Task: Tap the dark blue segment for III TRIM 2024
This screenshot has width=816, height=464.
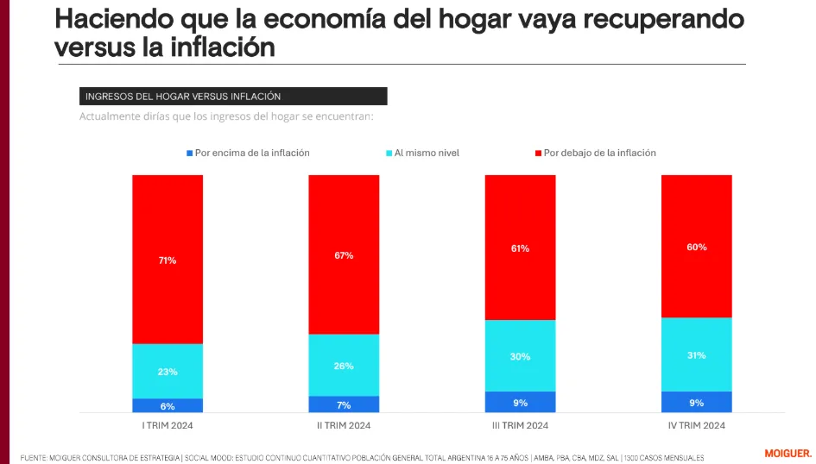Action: pos(520,403)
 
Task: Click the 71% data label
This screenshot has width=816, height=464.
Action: pos(168,260)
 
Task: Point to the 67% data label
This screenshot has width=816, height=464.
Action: pos(344,255)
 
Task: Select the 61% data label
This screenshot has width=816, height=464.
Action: pos(520,248)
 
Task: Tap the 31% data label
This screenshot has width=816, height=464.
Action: pos(696,355)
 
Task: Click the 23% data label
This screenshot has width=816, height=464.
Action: pos(168,372)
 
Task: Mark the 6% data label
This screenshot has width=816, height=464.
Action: pos(168,406)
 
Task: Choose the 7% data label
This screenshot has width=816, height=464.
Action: pos(344,405)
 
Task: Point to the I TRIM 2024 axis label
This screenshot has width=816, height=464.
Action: pos(168,426)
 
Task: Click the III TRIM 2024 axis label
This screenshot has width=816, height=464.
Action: pos(520,426)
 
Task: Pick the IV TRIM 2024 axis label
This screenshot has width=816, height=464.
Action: pos(696,426)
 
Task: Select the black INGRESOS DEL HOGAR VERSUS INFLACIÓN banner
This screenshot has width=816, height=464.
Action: pos(233,97)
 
